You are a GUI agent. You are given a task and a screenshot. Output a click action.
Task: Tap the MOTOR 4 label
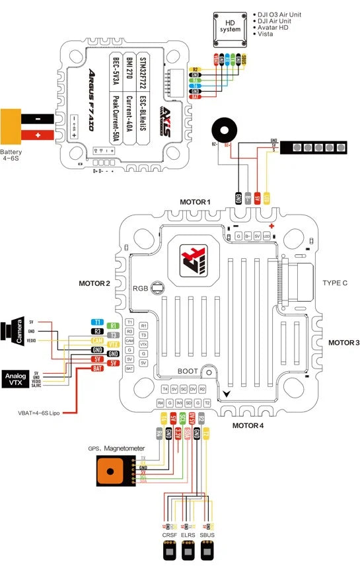pyautogui.click(x=248, y=425)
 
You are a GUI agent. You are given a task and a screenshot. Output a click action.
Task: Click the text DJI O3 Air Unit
pyautogui.click(x=285, y=13)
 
